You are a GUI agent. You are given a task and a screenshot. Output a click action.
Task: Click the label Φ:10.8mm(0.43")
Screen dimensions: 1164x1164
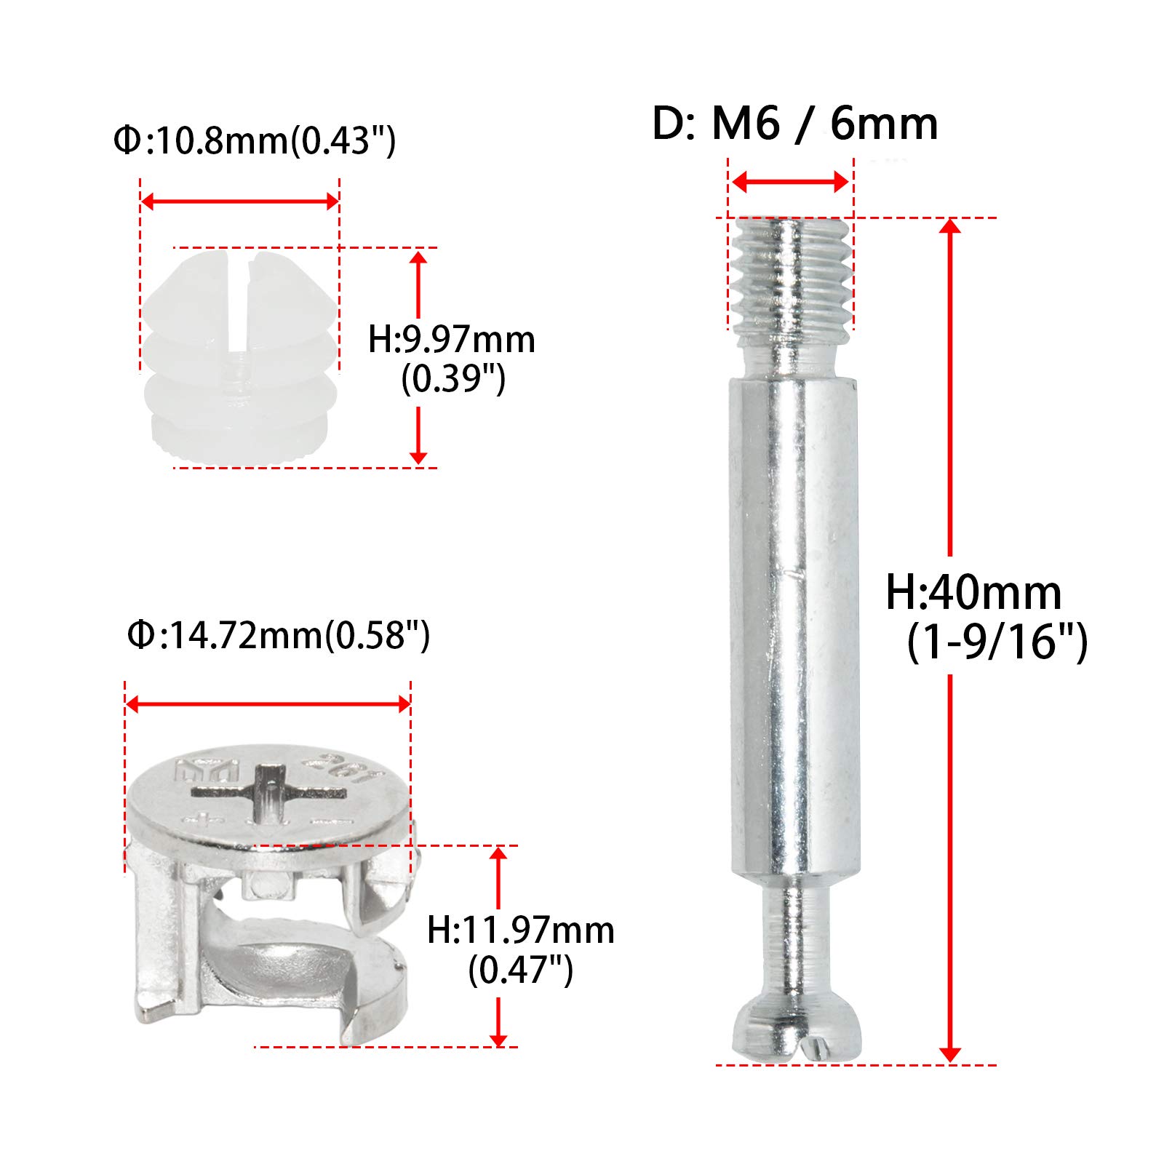(254, 140)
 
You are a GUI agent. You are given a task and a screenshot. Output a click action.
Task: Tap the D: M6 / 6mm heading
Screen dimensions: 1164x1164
(794, 124)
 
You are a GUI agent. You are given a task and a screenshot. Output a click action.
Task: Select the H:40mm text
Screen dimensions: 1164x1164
(973, 592)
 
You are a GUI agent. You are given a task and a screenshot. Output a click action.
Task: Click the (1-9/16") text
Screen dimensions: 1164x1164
(997, 641)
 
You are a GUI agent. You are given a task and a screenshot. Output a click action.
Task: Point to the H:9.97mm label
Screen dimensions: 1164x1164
(451, 340)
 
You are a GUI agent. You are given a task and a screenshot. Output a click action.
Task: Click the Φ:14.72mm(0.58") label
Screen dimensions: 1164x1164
(278, 635)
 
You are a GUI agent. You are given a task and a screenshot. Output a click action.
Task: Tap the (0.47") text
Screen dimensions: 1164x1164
(520, 969)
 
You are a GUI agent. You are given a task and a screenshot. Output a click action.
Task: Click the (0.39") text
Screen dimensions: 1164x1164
(453, 378)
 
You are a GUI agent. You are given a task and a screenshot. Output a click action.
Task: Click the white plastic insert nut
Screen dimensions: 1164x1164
(240, 364)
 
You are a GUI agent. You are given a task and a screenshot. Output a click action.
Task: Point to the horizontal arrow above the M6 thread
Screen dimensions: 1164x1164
(790, 182)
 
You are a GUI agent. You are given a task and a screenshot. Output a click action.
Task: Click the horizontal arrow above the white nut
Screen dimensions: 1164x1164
(239, 201)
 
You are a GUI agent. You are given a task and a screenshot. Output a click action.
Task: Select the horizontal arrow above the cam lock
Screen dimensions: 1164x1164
(268, 703)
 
